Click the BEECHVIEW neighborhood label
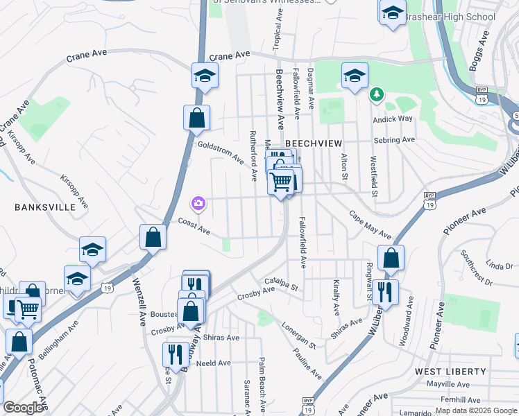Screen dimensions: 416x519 pos(314,143)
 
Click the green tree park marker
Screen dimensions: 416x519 pos(376,94)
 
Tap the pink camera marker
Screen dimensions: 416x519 pos(198,203)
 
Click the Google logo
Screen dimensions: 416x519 pos(23,408)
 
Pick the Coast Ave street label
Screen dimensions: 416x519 pos(194,225)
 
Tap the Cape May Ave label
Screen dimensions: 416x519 pos(369,225)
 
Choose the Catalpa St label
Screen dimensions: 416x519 pos(281,283)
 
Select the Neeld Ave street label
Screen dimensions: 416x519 pos(214,363)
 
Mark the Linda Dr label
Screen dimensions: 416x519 pos(499,266)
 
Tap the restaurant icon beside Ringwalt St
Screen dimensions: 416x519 pos(384,293)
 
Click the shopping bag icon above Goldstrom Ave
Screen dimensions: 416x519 pos(197,119)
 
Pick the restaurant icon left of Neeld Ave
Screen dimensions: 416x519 pos(173,355)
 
